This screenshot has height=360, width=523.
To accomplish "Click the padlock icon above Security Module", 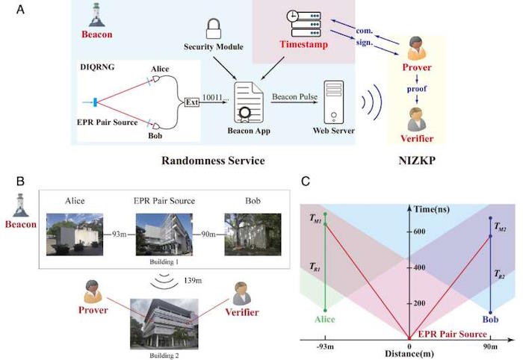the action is (x=214, y=28).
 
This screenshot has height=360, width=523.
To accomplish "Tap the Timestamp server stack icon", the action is (x=304, y=23).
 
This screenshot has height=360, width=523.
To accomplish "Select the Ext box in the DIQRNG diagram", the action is (x=192, y=102).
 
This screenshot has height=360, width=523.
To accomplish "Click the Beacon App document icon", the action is (x=249, y=102).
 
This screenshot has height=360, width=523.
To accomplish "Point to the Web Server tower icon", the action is (x=334, y=102).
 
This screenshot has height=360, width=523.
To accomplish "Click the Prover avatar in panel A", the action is (x=417, y=49).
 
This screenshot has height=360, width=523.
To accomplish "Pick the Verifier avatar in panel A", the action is (x=417, y=120).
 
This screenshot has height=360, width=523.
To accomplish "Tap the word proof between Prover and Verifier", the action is (x=417, y=89).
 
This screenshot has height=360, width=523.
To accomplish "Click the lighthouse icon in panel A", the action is (x=96, y=15).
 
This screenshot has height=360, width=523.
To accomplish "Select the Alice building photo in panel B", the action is (x=75, y=235).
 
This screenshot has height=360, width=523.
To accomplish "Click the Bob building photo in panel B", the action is (x=253, y=235).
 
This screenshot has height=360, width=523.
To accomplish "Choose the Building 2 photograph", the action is (x=164, y=324).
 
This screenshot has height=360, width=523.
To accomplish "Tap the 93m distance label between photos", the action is (x=119, y=235).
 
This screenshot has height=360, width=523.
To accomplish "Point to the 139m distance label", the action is (x=193, y=280).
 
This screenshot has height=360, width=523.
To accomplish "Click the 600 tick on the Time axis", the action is (x=419, y=232).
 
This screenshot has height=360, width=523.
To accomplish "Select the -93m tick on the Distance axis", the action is (x=325, y=347).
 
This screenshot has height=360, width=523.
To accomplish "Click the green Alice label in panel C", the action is (x=324, y=320).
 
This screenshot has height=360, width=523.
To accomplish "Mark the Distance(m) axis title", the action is (x=409, y=354).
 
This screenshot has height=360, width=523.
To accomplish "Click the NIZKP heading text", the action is (x=417, y=161).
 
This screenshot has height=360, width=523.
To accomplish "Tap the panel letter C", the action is (x=306, y=181).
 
